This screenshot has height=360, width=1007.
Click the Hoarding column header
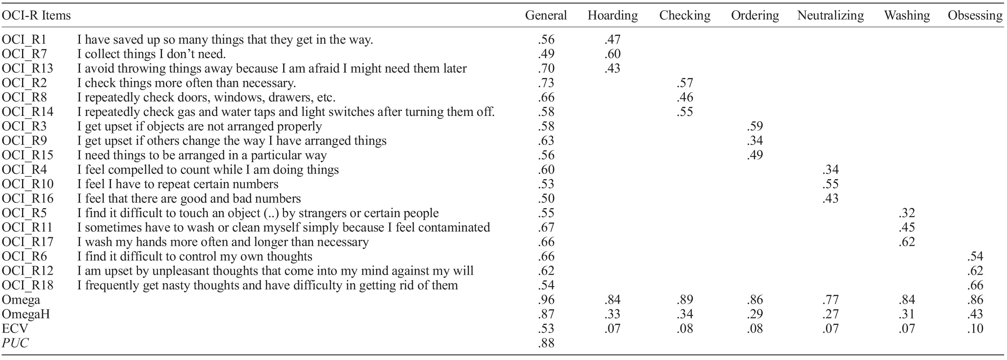612,16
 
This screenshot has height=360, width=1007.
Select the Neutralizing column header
830,16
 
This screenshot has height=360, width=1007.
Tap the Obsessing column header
975,16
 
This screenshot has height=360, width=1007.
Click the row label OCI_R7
24,54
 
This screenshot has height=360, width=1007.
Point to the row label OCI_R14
27,112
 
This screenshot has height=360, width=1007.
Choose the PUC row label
15,343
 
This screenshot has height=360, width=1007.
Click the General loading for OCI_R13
546,69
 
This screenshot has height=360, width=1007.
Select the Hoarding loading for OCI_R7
612,54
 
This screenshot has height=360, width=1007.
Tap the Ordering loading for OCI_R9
755,141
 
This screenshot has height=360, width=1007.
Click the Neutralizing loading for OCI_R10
830,184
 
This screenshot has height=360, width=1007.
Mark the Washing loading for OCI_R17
907,242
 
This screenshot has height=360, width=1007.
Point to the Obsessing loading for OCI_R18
975,285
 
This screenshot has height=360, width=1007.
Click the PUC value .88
546,343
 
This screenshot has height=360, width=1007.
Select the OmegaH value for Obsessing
975,314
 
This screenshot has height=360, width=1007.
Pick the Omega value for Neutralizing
830,300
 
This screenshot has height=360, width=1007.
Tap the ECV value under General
546,329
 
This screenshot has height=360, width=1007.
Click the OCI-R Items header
36,16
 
